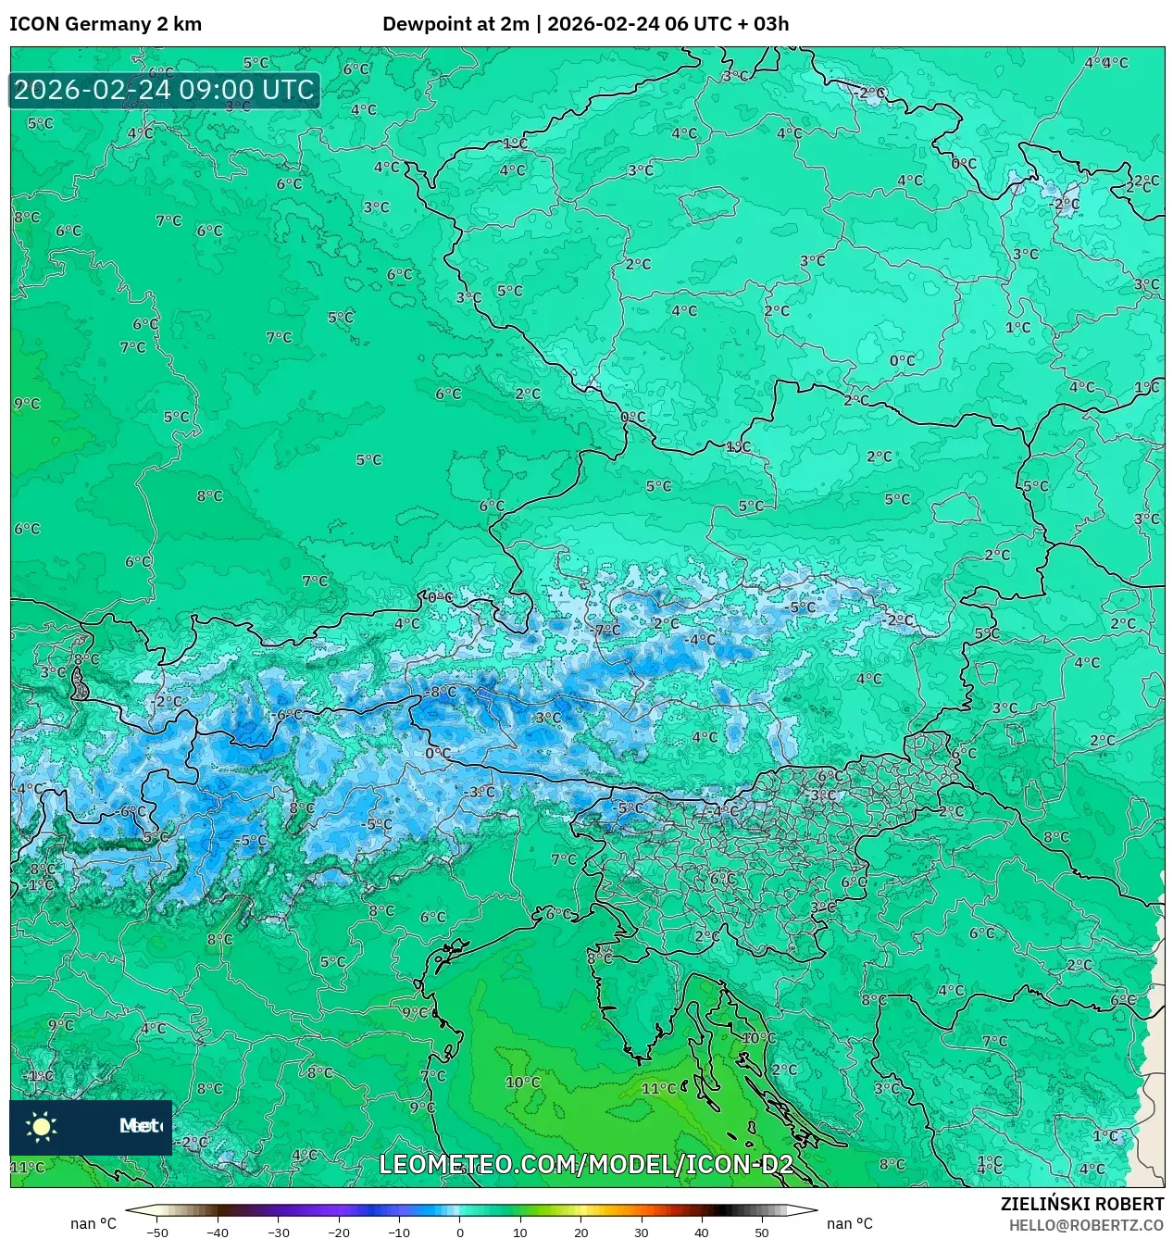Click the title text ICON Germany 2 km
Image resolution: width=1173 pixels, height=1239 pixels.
click(106, 24)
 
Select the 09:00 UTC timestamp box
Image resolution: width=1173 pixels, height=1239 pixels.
click(165, 91)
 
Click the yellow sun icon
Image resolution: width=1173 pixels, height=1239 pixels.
click(42, 1126)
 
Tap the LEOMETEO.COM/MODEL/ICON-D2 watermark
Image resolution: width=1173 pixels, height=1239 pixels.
click(586, 1165)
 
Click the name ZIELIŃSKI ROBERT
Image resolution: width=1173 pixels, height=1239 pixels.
click(1081, 1204)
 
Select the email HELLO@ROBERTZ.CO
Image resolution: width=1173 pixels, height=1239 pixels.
click(1086, 1225)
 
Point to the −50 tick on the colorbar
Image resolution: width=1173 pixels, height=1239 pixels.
click(157, 1233)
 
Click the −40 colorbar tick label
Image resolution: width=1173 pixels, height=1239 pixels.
click(218, 1233)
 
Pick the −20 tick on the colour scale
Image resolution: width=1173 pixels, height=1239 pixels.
click(338, 1233)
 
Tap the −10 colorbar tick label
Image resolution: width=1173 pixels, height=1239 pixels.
click(398, 1233)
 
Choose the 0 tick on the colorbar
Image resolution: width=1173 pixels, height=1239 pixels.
click(460, 1233)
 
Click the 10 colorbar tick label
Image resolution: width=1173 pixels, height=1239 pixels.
click(520, 1233)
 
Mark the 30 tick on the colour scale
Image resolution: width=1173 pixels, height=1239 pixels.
click(641, 1233)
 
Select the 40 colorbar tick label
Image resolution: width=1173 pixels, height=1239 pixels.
click(701, 1233)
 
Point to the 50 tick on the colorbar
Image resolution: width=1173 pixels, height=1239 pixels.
click(761, 1233)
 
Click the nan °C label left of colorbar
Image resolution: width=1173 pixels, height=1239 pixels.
click(94, 1223)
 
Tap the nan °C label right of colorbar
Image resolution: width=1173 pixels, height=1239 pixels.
click(849, 1223)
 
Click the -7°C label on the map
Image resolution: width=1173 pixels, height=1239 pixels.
click(606, 630)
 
